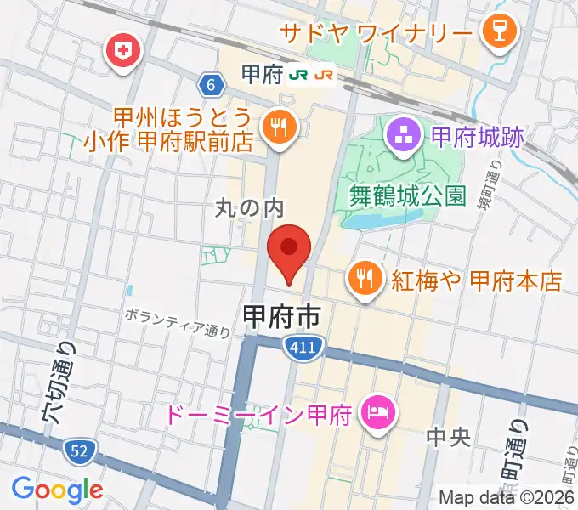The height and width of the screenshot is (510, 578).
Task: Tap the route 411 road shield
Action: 295,343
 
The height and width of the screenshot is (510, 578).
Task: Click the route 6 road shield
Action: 211,84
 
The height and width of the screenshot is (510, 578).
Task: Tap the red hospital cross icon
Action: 123,52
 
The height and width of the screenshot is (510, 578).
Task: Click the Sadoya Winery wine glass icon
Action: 492,33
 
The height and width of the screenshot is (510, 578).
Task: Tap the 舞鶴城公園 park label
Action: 407,196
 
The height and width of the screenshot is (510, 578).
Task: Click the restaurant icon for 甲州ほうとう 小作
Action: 277,129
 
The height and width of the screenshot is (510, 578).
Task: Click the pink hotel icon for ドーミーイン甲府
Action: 374,414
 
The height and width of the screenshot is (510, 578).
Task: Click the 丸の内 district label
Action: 247,207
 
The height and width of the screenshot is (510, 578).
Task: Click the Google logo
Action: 57,490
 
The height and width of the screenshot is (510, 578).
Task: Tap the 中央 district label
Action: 447,438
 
